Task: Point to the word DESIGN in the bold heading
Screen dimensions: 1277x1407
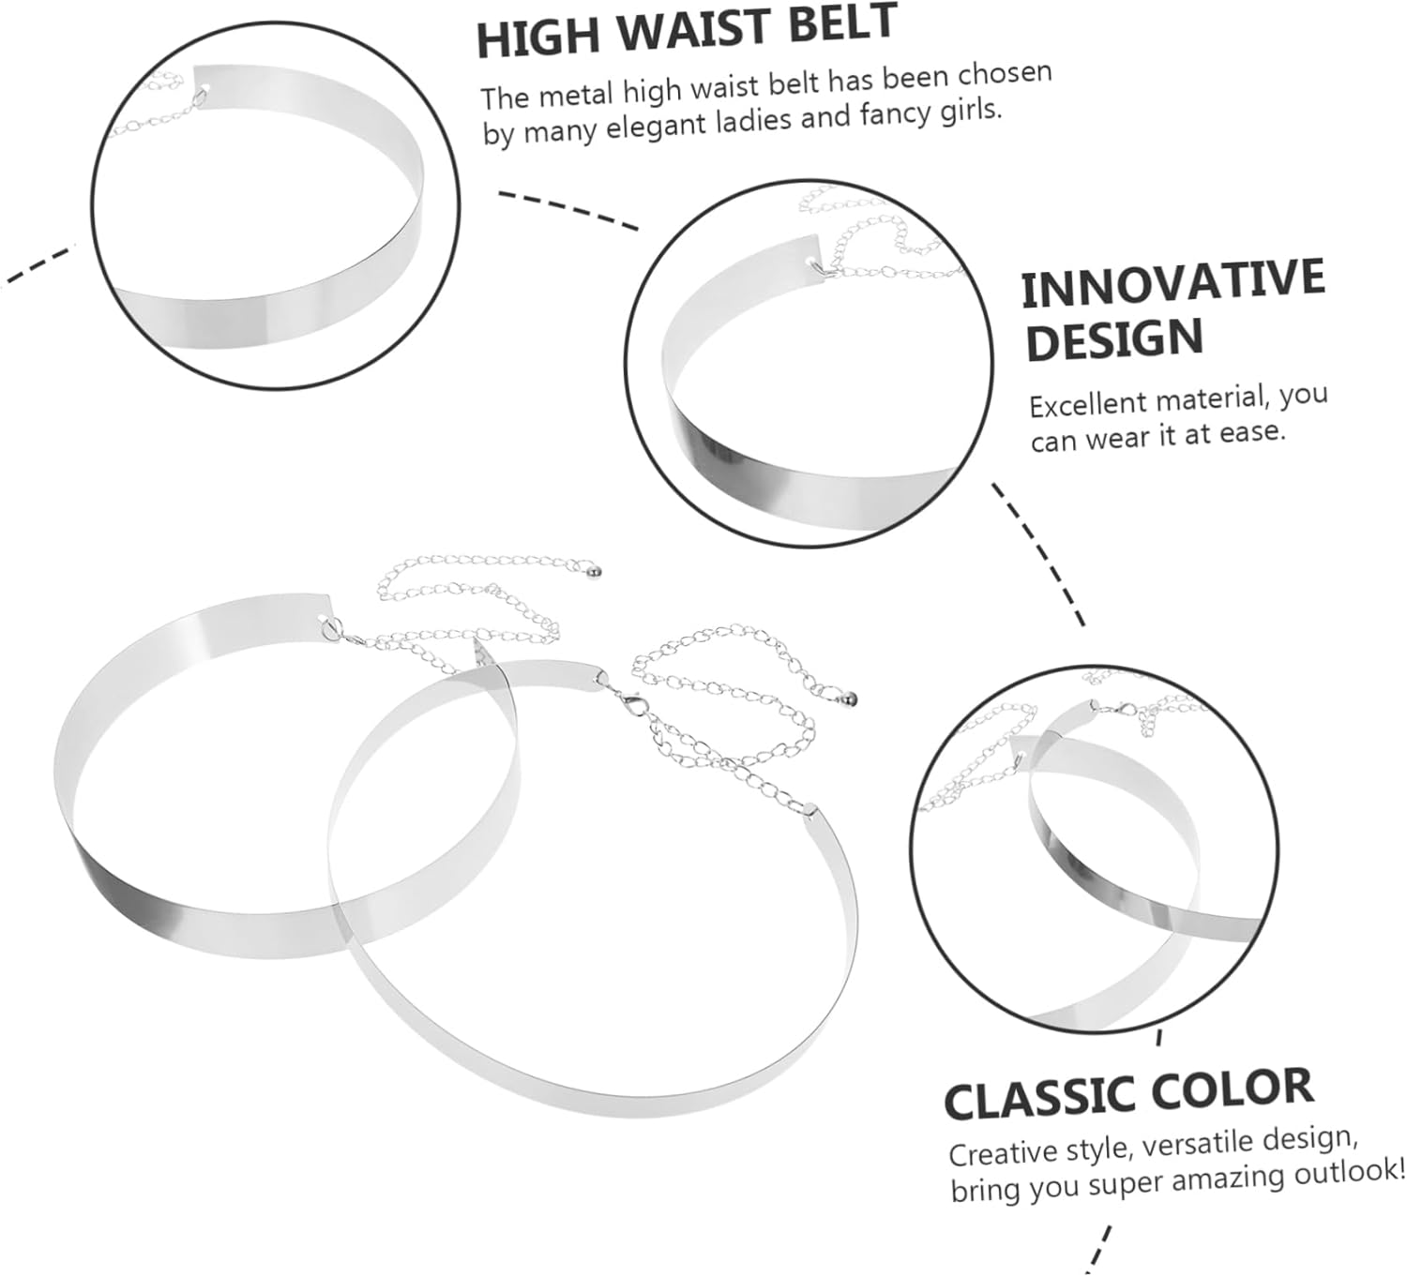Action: coord(1113,339)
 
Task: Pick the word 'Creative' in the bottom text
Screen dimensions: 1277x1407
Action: coord(1003,1151)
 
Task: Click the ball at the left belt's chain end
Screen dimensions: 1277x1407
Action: coord(595,569)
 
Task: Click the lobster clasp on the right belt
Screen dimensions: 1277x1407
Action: coord(620,698)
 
